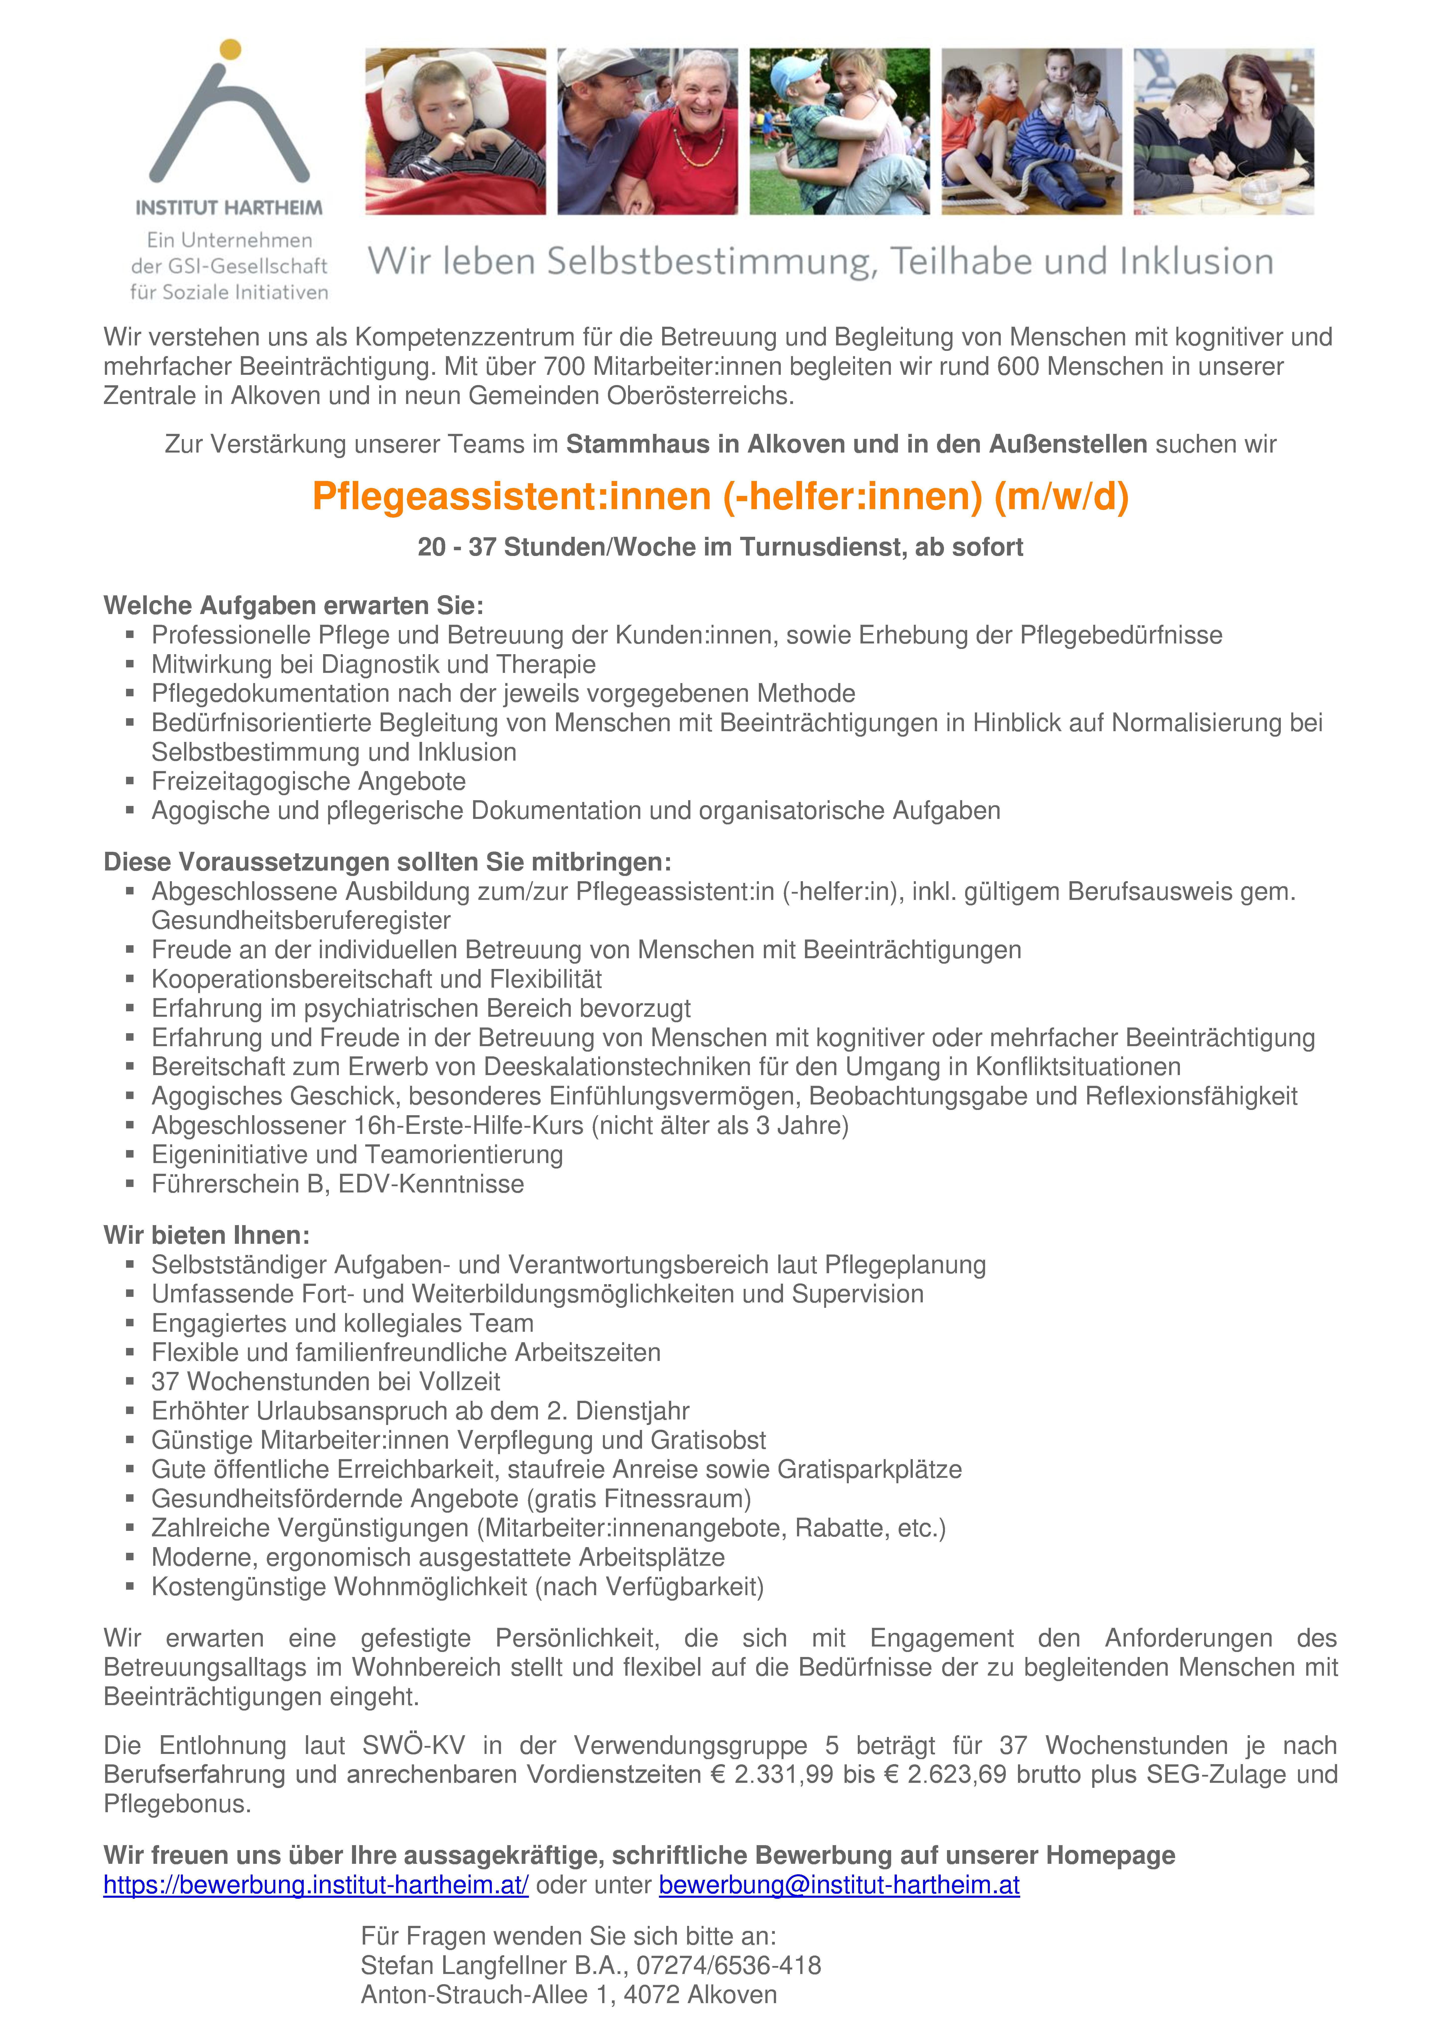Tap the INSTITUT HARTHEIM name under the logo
point(229,208)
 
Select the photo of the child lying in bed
point(455,132)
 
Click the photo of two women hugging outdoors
point(840,132)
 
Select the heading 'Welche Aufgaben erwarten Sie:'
point(293,606)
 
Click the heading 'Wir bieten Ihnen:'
point(206,1235)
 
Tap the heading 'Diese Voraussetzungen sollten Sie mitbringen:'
point(387,862)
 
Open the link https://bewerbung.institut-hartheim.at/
point(315,1885)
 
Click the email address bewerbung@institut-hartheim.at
point(839,1885)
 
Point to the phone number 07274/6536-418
point(728,1965)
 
